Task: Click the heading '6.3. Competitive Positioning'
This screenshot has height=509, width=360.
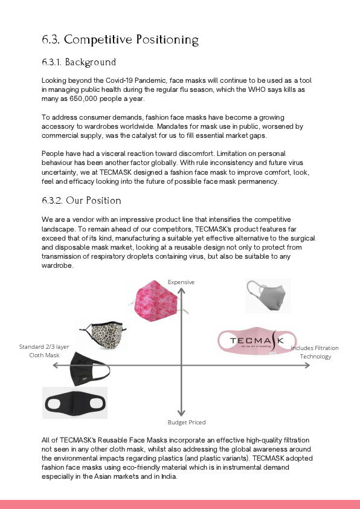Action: pyautogui.click(x=120, y=40)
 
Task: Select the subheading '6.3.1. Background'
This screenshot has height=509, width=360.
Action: pyautogui.click(x=79, y=62)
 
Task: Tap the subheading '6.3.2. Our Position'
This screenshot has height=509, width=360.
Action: pyautogui.click(x=82, y=200)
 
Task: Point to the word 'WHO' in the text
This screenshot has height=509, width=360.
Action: pyautogui.click(x=240, y=89)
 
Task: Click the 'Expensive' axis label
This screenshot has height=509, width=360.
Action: pyautogui.click(x=181, y=282)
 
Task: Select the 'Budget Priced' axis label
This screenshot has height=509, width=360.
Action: pyautogui.click(x=186, y=422)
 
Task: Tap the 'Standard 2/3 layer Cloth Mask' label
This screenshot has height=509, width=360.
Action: pyautogui.click(x=40, y=351)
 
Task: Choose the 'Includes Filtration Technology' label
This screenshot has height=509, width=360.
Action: pyautogui.click(x=315, y=352)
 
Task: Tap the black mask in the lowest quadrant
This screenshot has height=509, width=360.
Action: pyautogui.click(x=75, y=402)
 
